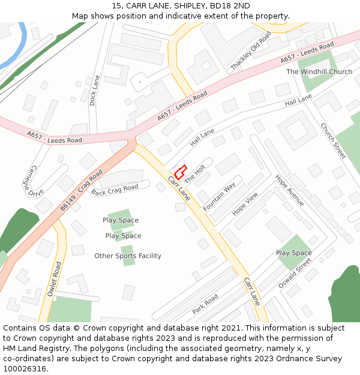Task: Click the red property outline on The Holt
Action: (x=180, y=172)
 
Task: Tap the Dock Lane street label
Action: (x=92, y=90)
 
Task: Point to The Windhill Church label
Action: (x=319, y=72)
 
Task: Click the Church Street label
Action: (x=333, y=140)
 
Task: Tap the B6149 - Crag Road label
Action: (x=81, y=189)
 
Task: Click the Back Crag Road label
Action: (x=115, y=190)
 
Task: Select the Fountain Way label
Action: (x=219, y=196)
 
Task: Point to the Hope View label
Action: (x=245, y=204)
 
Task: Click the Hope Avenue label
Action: (x=290, y=190)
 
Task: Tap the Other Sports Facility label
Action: (x=128, y=256)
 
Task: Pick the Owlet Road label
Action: (x=54, y=280)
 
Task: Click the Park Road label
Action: (x=205, y=304)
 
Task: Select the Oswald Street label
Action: (x=295, y=273)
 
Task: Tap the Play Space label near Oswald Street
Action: (x=293, y=253)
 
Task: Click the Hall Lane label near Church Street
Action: (x=298, y=100)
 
